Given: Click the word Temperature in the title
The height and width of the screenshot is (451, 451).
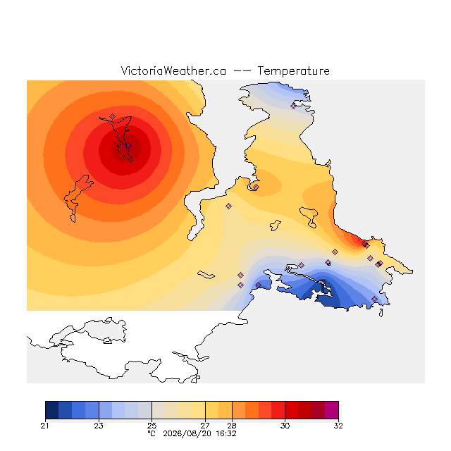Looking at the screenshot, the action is (x=293, y=70).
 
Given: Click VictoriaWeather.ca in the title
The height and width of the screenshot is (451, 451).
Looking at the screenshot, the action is (x=173, y=70).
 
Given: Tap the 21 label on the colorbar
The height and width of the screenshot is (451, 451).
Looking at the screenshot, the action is (x=44, y=426).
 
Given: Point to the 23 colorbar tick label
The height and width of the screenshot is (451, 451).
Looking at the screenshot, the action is (x=99, y=426).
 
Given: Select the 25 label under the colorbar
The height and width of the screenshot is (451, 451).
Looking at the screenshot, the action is (x=152, y=426).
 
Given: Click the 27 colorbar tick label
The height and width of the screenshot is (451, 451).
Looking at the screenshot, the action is (x=205, y=426).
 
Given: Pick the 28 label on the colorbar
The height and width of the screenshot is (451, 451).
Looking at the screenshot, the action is (x=232, y=426).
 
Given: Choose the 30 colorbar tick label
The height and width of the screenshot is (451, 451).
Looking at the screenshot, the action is (x=285, y=426).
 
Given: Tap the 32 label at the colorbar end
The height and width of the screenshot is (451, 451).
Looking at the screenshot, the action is (x=338, y=426).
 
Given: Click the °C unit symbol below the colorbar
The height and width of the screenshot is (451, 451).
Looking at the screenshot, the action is (x=152, y=433).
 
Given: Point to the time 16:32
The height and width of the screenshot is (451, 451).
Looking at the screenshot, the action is (x=226, y=433).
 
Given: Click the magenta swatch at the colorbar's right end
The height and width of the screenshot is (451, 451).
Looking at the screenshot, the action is (x=332, y=410).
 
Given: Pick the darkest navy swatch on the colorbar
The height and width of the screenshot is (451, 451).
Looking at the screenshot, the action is (x=51, y=410).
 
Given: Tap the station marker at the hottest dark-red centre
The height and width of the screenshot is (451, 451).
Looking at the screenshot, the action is (x=128, y=146).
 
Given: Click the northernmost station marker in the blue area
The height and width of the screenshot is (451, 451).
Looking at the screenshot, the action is (x=293, y=106).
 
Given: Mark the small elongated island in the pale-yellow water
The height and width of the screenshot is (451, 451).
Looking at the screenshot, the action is (x=206, y=275).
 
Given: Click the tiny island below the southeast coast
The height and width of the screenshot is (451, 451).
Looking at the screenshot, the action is (x=381, y=313).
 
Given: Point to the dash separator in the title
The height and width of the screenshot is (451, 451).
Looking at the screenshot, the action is (x=242, y=71).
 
